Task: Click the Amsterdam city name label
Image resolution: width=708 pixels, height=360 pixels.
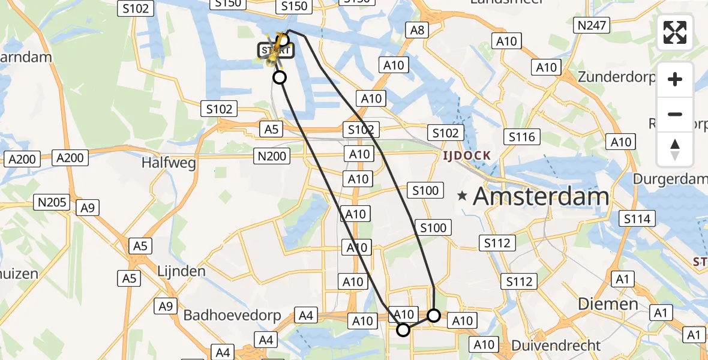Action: [x=541, y=197]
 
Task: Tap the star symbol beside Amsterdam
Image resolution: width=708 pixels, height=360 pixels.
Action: [x=462, y=196]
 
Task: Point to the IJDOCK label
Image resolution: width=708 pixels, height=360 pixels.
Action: [x=467, y=155]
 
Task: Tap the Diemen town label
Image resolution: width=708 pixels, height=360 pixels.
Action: [x=608, y=304]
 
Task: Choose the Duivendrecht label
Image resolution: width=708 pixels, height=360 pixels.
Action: [x=555, y=346]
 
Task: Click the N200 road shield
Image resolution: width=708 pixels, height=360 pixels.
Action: [x=272, y=157]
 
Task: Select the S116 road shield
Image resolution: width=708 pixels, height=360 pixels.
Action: [x=521, y=137]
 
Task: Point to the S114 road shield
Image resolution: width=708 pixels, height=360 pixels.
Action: [x=637, y=219]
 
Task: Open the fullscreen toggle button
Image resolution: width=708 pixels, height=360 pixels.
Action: [x=675, y=33]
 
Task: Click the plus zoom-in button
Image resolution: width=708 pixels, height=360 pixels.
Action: [x=675, y=79]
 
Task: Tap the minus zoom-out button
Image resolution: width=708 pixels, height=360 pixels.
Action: [x=675, y=114]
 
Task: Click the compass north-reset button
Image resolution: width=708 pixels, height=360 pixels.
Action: [x=675, y=149]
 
